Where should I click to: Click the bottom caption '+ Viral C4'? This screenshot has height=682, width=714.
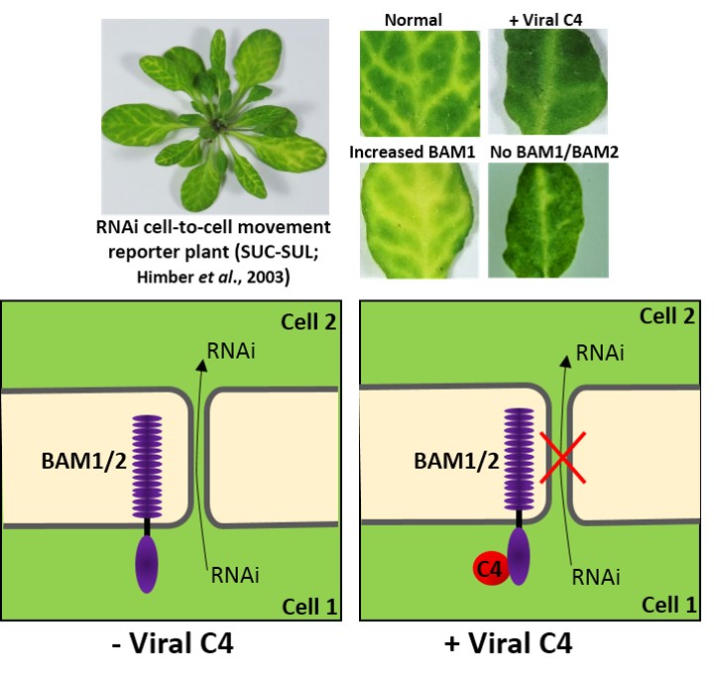point(525,645)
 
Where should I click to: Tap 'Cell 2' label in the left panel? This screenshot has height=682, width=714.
point(308,323)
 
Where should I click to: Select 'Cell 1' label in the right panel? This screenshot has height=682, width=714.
point(669,604)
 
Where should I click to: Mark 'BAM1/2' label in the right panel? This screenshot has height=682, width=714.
point(442,461)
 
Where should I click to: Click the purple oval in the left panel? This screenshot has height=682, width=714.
point(147,564)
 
